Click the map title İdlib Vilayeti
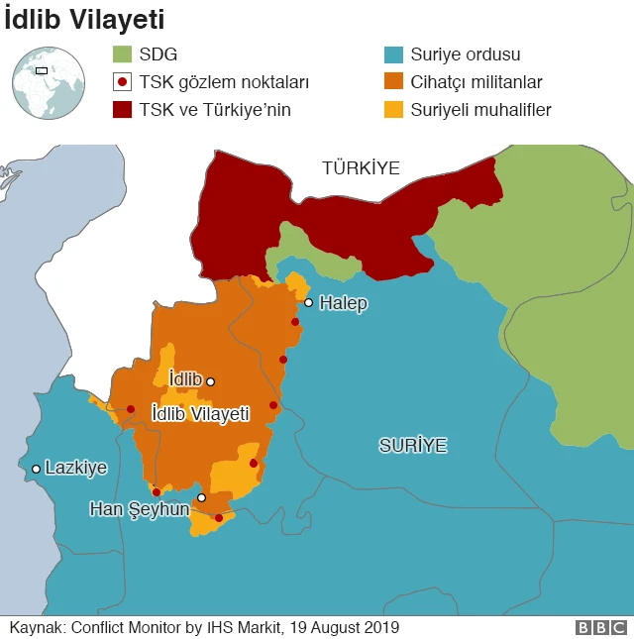(84, 19)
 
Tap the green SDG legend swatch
(122, 54)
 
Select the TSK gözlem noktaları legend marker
(122, 82)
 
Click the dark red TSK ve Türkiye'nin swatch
(122, 110)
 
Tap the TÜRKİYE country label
(361, 168)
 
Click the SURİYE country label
(413, 446)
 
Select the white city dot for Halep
(309, 303)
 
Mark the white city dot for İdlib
(210, 381)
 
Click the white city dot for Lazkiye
(36, 469)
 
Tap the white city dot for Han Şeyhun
(201, 497)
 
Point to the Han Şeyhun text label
(139, 508)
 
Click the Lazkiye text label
(76, 468)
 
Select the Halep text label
(343, 303)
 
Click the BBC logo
(601, 627)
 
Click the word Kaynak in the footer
(37, 627)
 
